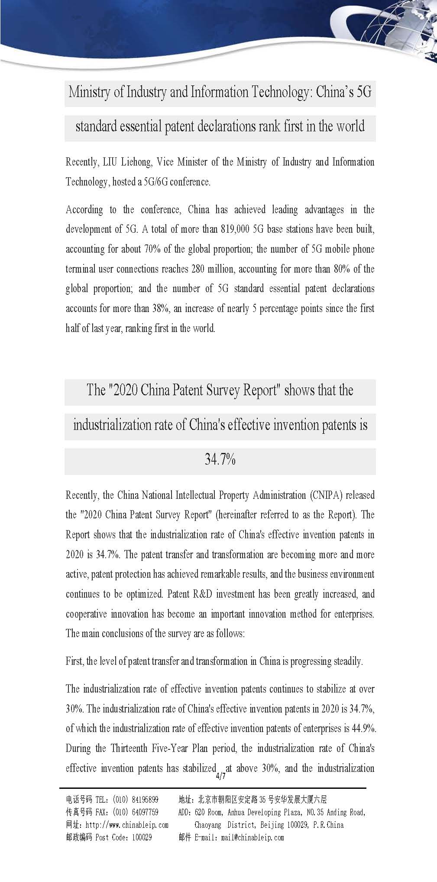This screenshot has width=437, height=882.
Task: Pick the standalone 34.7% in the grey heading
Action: (220, 459)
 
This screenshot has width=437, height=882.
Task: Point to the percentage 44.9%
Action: (364, 728)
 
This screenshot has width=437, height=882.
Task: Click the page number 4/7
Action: (220, 776)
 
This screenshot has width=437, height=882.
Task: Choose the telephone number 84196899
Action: (143, 799)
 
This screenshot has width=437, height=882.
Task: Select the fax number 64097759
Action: (143, 812)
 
